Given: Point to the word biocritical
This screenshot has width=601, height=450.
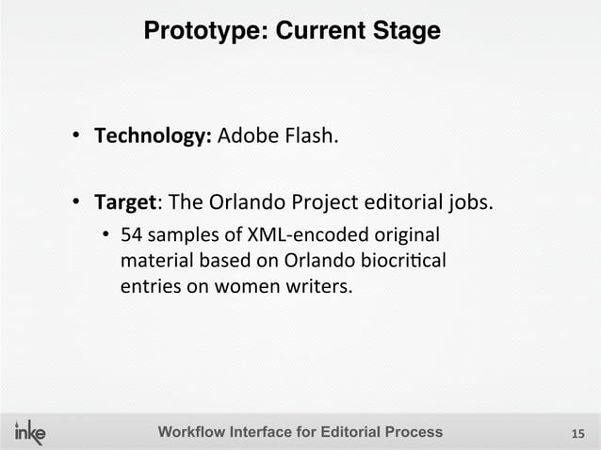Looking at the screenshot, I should (406, 259).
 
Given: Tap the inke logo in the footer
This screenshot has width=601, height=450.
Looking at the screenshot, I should (29, 431).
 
